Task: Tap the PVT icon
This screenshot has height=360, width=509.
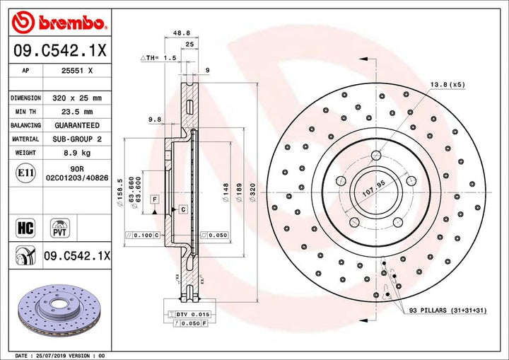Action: tap(59, 227)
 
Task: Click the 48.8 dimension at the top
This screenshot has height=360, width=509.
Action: tap(181, 33)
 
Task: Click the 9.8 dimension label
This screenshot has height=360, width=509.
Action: tap(155, 120)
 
